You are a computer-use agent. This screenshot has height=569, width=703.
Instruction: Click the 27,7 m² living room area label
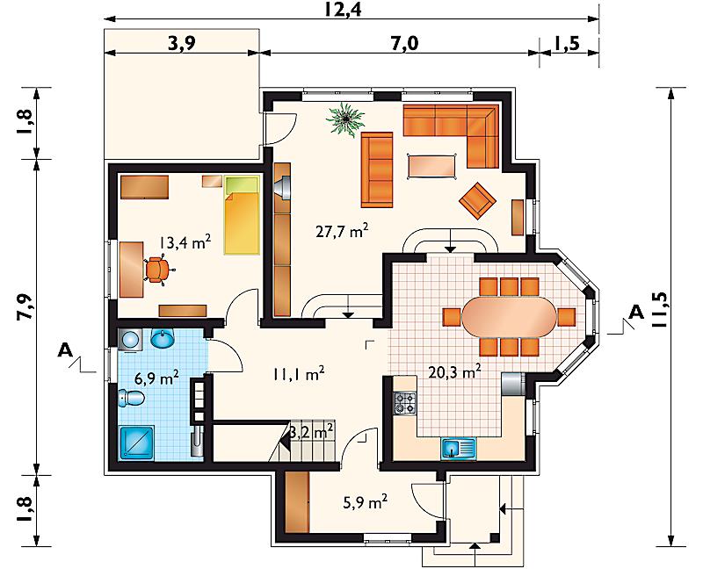pos(342,232)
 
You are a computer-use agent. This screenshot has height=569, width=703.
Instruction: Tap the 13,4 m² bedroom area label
pos(185,242)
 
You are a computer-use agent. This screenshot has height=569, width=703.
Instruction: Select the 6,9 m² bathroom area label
pos(157,378)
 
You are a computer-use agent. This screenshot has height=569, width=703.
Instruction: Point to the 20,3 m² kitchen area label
pos(454,371)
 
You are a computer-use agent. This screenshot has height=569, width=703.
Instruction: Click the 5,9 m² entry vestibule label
pos(365,502)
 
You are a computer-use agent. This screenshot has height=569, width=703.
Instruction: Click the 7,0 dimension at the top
pos(405,43)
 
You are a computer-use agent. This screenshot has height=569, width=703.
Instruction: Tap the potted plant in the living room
pos(345,119)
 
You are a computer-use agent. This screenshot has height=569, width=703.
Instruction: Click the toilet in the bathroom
pos(131,398)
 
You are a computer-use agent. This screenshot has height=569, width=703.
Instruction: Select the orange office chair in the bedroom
pos(158,270)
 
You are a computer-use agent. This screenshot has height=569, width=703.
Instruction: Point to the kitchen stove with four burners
pos(405,403)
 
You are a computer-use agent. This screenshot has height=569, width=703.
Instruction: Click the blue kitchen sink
pos(458,449)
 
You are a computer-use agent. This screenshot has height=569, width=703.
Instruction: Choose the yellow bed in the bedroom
pos(243,215)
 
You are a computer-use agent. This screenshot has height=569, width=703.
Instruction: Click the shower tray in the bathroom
pos(137,443)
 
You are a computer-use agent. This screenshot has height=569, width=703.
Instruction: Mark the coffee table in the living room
pos(431,166)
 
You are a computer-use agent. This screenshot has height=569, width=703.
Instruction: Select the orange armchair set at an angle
pos(477,201)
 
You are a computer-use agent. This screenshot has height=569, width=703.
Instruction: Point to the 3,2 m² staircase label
pos(311,432)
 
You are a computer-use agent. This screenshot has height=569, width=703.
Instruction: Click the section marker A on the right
pos(635,312)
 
